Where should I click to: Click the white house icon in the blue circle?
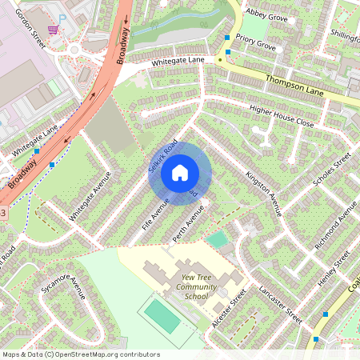[180, 173]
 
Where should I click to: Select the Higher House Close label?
[282, 116]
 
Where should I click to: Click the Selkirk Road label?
[162, 157]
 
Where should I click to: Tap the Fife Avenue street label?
[155, 214]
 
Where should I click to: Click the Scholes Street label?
[331, 172]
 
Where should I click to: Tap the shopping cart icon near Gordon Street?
[53, 30]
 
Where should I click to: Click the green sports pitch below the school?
[163, 316]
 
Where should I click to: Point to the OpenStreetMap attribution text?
[81, 354]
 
